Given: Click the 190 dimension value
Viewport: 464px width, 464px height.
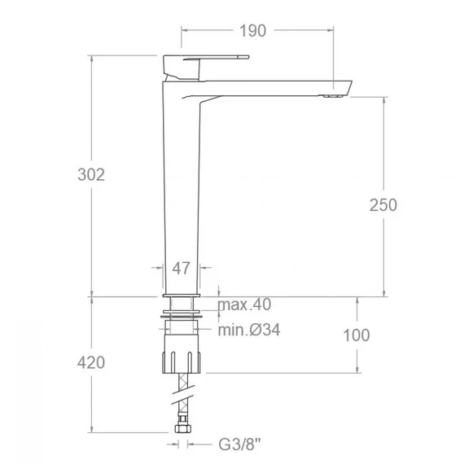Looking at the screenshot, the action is pos(252,31).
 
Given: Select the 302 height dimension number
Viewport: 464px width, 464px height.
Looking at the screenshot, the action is pos(91,174).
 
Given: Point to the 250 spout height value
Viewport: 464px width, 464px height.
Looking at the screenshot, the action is pos(383,205).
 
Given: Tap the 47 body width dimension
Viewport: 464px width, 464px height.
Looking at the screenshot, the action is pos(181,269).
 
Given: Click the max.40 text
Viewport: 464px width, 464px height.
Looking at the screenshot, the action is pos(244,304).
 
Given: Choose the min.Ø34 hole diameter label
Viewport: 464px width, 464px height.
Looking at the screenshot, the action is pos(249,330).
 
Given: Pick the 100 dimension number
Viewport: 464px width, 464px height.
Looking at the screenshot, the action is pos(357,335).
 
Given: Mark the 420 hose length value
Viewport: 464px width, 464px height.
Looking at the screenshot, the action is pos(91,362).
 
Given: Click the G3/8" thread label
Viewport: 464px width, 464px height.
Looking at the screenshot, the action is pos(239,444).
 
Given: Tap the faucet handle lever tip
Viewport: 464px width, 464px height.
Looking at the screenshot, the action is pos(247,57).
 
